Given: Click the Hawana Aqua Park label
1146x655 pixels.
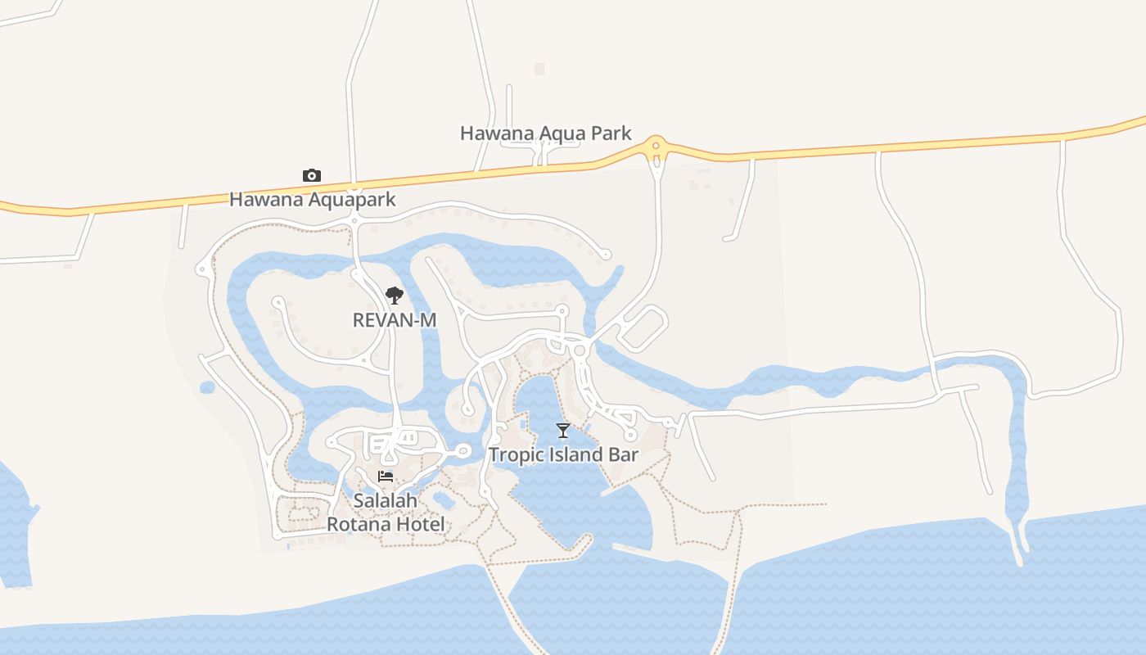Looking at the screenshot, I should [545, 133].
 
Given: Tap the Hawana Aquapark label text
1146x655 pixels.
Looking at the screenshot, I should [312, 199].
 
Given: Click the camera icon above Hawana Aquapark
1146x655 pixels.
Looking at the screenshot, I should [311, 175].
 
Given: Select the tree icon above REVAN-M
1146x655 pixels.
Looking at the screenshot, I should [395, 296].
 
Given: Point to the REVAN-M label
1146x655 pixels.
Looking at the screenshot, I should [394, 320].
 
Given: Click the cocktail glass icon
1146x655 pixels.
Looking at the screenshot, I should [562, 431].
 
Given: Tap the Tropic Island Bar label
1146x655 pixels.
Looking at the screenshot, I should [563, 454].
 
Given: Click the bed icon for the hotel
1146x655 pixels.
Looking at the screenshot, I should [386, 477].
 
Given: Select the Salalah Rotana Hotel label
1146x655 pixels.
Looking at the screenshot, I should [386, 512].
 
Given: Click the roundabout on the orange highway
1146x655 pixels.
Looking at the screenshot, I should [656, 147].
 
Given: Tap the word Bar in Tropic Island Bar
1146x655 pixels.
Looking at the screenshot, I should [622, 454].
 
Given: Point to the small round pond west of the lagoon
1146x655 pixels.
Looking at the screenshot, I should [207, 387].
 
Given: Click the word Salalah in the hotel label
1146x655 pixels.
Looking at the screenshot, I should [386, 499].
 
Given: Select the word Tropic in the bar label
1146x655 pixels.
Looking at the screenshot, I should [514, 454].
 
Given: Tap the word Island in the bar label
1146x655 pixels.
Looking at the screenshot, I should [573, 454].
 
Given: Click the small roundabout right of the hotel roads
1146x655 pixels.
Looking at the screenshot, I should [462, 451].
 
